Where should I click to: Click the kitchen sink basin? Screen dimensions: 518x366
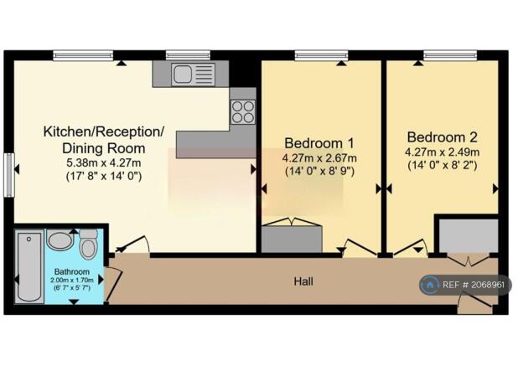(182, 74)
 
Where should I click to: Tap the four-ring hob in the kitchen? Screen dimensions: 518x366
(243, 112)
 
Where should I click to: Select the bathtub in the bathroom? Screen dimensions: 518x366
(29, 266)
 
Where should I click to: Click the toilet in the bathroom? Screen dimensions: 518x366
(88, 244)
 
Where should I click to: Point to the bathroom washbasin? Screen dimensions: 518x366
(60, 240)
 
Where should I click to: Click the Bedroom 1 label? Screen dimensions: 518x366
(319, 143)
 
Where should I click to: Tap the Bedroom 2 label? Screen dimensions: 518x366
(442, 137)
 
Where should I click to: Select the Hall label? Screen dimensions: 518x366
(303, 281)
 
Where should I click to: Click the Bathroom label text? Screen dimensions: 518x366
(72, 272)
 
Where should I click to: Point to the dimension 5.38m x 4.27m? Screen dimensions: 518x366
(104, 163)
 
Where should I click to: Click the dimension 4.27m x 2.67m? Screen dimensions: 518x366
(319, 158)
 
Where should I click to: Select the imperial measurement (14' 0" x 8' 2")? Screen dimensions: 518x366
(443, 165)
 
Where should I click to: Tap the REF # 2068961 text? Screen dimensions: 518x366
(474, 285)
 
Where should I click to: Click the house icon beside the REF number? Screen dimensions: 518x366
(429, 285)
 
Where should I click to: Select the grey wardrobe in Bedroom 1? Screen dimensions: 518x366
(292, 239)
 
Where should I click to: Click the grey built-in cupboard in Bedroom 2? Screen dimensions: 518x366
(469, 236)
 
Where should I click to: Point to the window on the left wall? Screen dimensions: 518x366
(9, 175)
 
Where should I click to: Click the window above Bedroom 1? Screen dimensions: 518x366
(321, 55)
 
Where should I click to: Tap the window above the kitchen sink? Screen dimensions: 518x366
(188, 55)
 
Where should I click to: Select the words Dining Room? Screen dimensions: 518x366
(104, 148)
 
